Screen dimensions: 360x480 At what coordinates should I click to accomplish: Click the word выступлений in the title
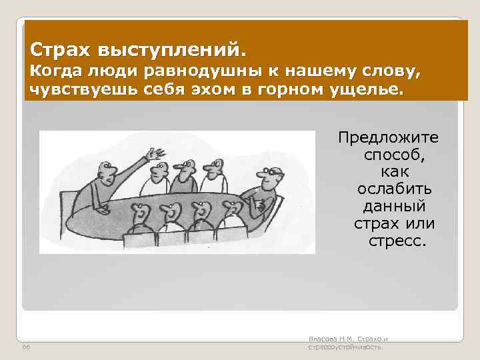[171, 51]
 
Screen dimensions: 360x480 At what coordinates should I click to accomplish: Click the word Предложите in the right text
[388, 137]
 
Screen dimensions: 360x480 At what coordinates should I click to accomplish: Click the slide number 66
[26, 347]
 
